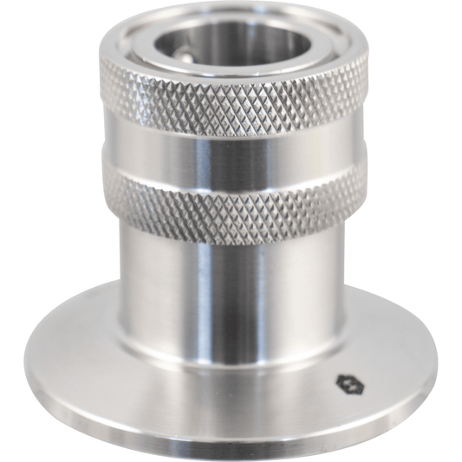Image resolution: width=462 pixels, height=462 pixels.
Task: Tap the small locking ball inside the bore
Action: click(x=187, y=53)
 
